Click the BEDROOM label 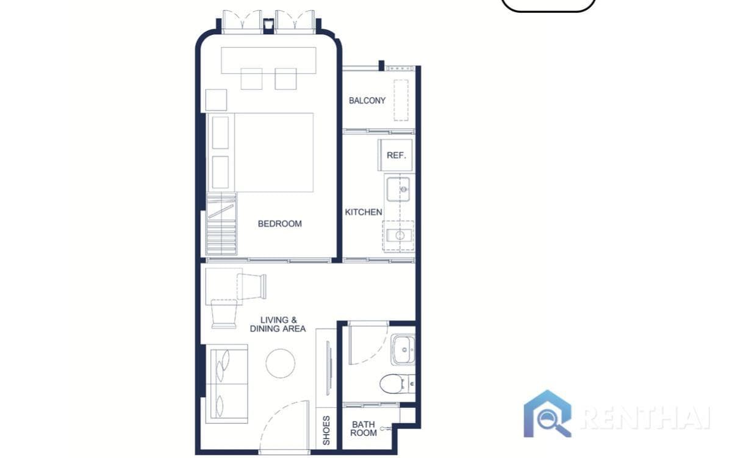point(279,224)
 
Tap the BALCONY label point(367,101)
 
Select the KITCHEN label point(364,213)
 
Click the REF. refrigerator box point(396,155)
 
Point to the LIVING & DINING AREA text point(278,324)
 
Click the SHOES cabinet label point(326,430)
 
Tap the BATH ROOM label point(364,428)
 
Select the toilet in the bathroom point(393,383)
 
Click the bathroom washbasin point(403,349)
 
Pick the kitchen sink point(400,186)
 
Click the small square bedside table point(216,100)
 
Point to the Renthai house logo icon point(548,414)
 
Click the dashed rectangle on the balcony point(401,100)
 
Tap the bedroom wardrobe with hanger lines point(221,224)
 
